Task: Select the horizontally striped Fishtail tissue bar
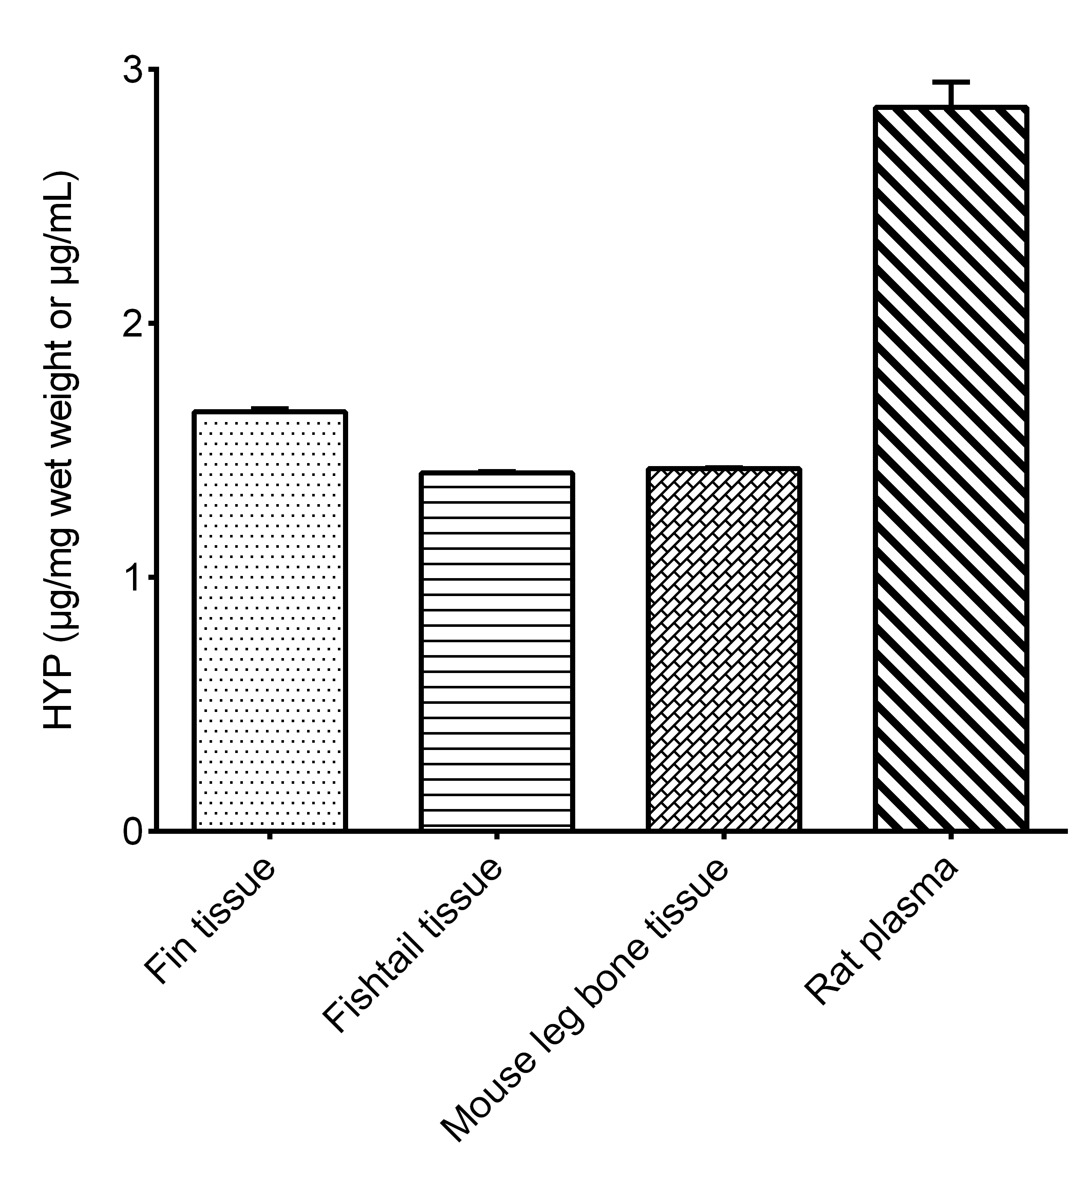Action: [x=497, y=652]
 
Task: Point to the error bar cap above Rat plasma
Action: [x=951, y=81]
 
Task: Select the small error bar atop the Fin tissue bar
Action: [x=269, y=408]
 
